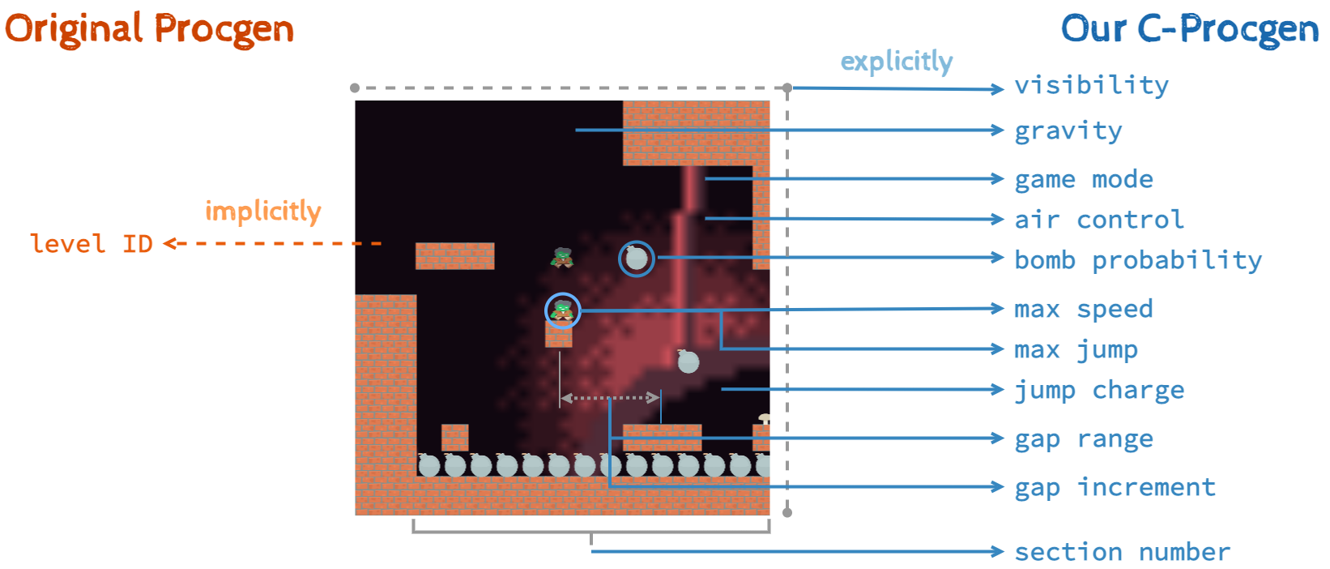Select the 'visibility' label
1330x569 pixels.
1091,85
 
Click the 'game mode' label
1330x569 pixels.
1083,179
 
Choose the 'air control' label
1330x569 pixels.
1098,220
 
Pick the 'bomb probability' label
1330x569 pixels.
1137,260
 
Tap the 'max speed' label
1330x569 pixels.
1083,309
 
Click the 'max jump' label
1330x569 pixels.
1076,350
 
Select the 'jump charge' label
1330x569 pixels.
1099,391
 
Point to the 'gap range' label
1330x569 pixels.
1084,439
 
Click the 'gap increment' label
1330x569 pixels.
1115,487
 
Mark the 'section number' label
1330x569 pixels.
1122,552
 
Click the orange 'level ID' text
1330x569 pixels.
91,243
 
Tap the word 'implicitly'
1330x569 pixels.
262,212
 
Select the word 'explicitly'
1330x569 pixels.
896,62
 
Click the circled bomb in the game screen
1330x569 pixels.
637,259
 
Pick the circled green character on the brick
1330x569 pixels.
562,310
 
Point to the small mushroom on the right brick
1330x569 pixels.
764,419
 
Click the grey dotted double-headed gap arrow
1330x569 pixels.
609,398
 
